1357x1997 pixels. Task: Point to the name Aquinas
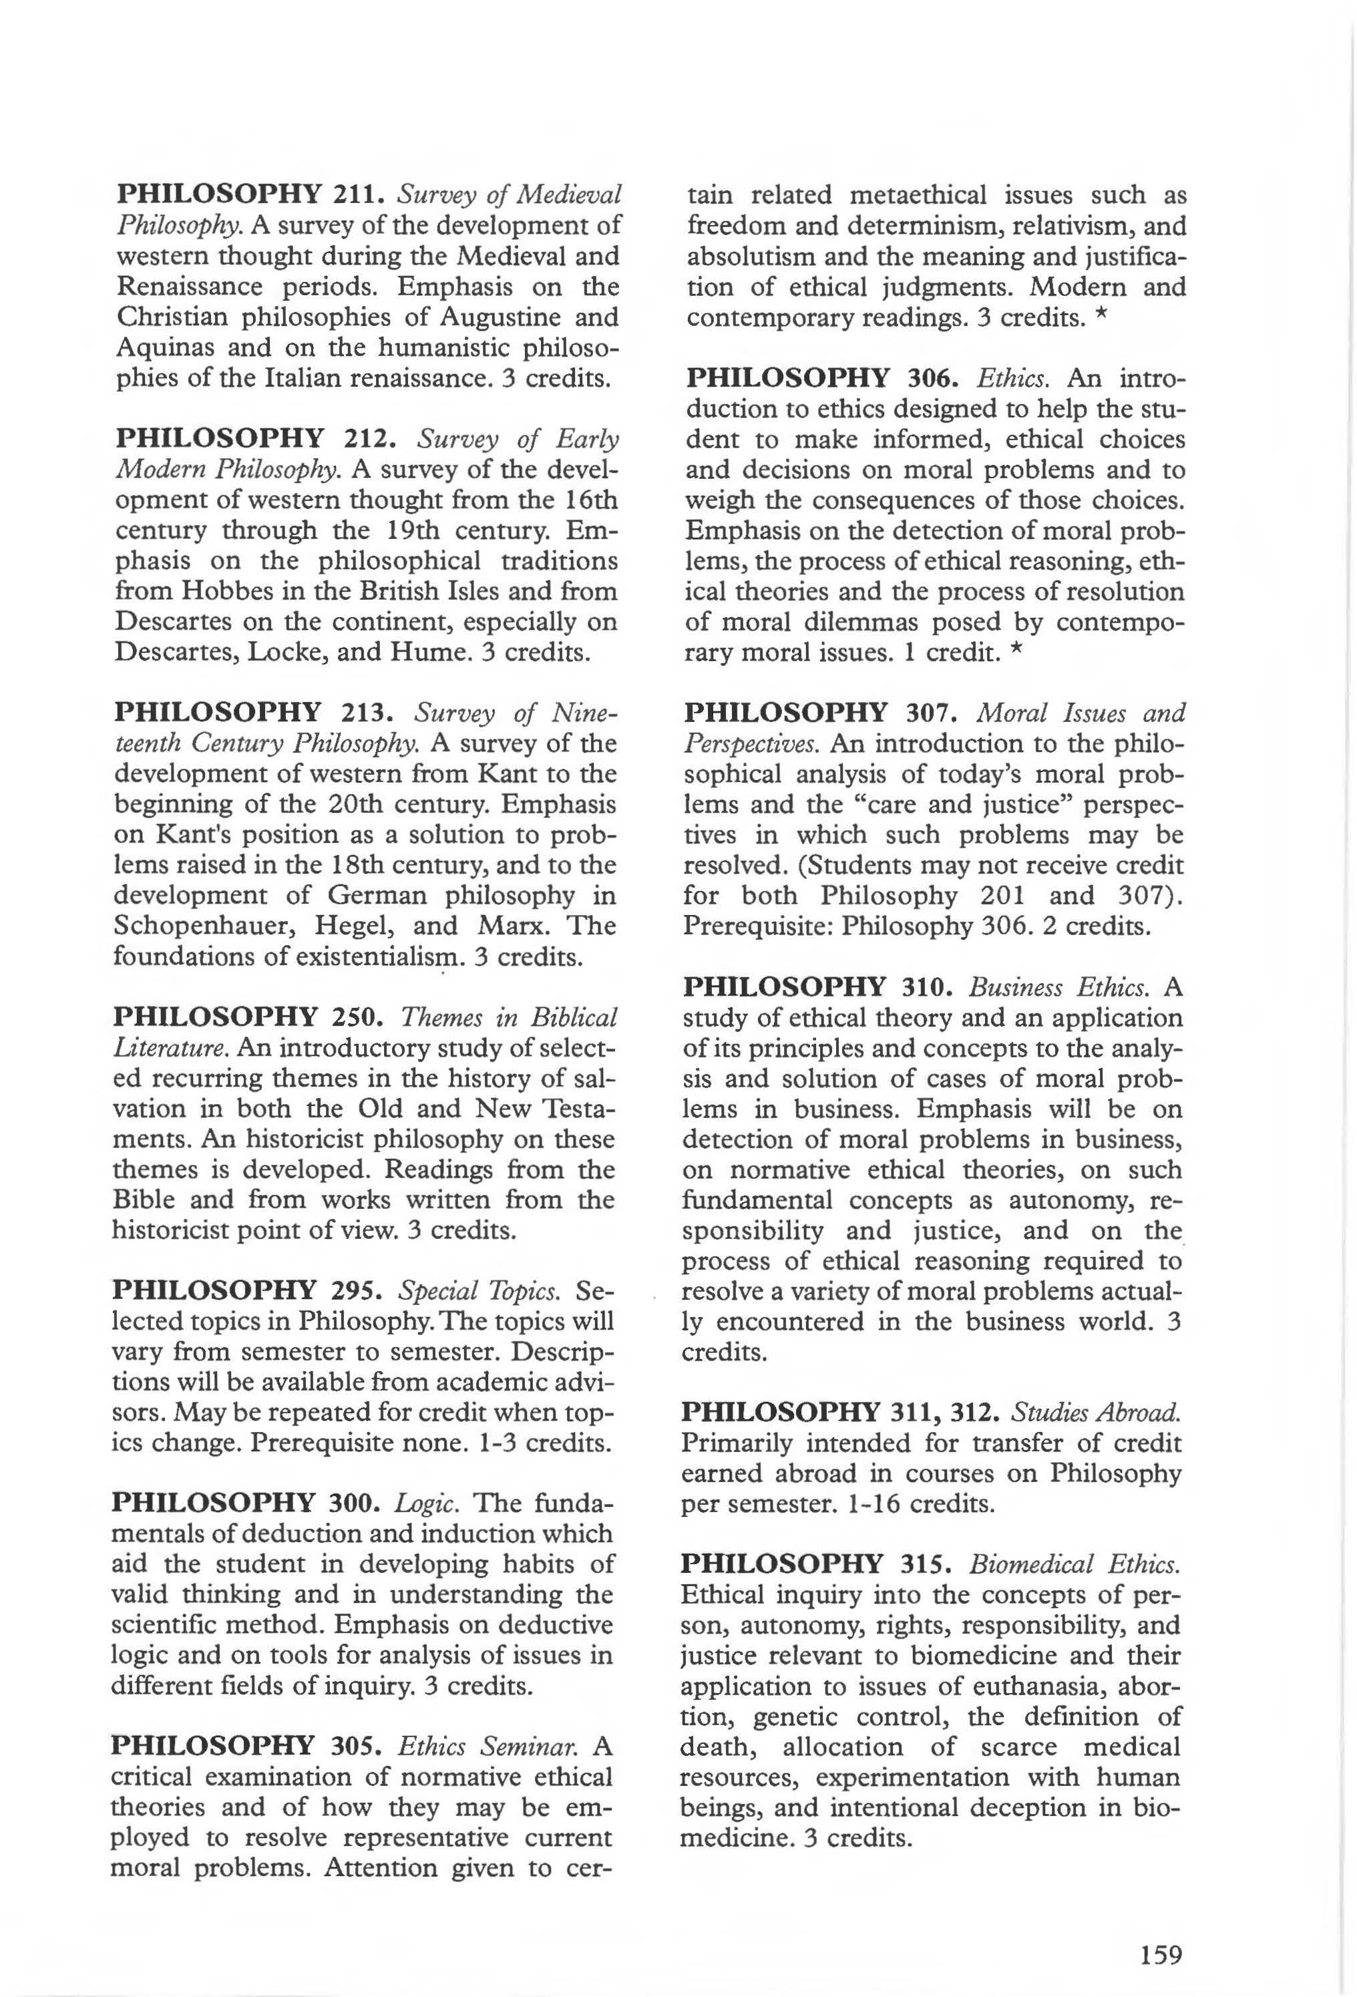[x=158, y=347]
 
